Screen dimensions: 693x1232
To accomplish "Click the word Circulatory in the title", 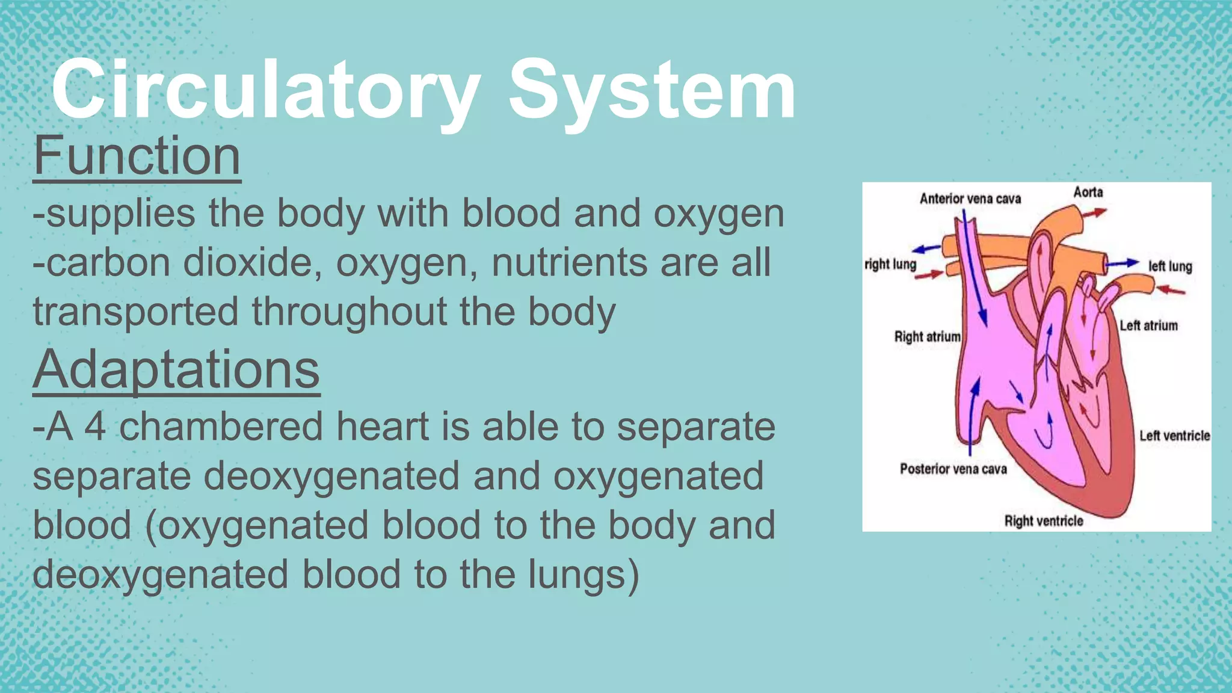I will click(x=265, y=90).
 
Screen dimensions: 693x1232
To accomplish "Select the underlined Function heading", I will click(x=137, y=156).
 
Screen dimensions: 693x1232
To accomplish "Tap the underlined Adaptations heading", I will click(x=176, y=369).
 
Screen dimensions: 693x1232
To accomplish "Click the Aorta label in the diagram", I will click(x=1088, y=192).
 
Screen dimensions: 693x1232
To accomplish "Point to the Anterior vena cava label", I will click(x=970, y=199).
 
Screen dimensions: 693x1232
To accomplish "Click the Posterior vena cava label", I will click(x=953, y=469).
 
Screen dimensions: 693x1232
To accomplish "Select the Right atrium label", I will click(x=927, y=337).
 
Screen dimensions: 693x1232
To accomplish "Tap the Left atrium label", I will click(x=1148, y=325).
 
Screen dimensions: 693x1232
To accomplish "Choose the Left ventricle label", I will click(x=1174, y=436).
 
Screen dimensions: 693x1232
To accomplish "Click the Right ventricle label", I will click(x=1044, y=521).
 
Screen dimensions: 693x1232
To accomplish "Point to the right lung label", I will click(x=890, y=264).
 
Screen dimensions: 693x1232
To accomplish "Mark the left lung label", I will click(x=1170, y=266).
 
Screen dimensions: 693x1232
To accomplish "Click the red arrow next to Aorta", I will click(x=1099, y=212).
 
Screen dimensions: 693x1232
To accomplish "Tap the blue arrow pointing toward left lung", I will click(x=1122, y=263).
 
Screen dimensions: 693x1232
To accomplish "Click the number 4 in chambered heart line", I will click(x=95, y=427).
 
